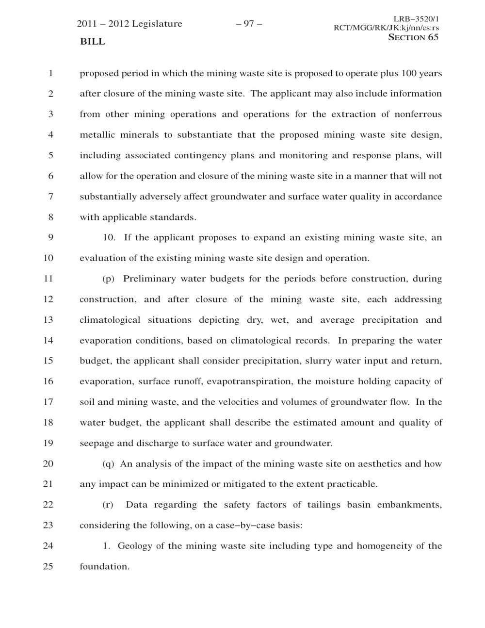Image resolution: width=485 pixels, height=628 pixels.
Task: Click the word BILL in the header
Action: coord(92,42)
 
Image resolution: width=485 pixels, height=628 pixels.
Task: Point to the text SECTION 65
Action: coord(414,37)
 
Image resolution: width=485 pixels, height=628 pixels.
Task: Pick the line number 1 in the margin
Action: coord(49,74)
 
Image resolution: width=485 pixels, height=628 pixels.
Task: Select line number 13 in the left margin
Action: coord(48,320)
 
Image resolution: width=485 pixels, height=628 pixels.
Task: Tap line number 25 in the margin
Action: coord(48,566)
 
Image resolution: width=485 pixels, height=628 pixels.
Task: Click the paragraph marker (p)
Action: coord(109,279)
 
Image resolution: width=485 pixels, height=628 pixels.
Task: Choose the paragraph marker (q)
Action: coord(109,464)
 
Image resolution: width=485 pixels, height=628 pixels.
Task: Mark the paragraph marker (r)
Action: coord(108,505)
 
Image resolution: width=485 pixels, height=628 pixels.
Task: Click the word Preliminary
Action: coord(149,279)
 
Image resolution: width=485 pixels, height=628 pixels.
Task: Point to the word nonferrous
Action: coord(418,115)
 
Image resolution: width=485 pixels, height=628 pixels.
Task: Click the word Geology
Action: coord(135,546)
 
